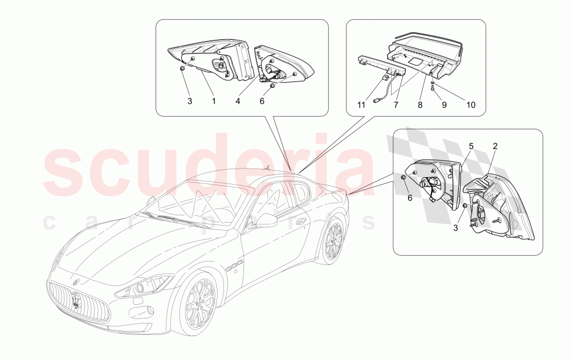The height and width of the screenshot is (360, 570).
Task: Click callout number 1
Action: [x=213, y=101]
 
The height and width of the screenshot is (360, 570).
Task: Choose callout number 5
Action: [x=471, y=146]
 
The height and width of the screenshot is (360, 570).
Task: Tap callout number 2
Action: [x=495, y=146]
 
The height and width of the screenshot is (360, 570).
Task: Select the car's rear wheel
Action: [x=330, y=242]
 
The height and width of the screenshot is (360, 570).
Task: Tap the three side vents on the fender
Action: [x=233, y=265]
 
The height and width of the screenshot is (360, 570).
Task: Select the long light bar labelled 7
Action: [x=381, y=66]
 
